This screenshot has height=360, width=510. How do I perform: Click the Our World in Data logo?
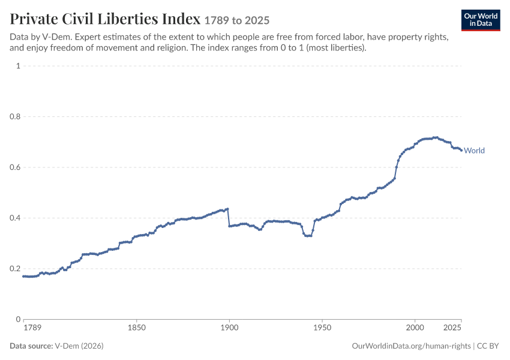(481, 20)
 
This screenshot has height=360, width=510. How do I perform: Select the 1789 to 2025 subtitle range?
(237, 20)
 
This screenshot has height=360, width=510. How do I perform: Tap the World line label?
(474, 151)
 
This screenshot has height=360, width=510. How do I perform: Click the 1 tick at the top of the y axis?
(18, 65)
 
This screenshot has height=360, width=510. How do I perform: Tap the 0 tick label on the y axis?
(18, 319)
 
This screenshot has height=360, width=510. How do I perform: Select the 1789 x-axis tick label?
(32, 328)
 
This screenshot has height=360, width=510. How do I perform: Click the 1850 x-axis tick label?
(137, 328)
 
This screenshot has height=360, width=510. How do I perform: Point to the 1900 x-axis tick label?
(229, 328)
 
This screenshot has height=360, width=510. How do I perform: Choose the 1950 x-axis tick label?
(322, 328)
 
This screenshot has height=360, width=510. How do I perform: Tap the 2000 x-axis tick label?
(415, 328)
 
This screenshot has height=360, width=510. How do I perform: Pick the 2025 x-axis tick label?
(452, 328)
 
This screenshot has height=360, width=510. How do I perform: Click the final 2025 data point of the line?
(461, 150)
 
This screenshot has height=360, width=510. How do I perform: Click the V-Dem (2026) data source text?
(79, 346)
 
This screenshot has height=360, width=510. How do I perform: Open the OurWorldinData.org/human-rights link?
(411, 346)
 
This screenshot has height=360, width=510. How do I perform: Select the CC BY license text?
(488, 346)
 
